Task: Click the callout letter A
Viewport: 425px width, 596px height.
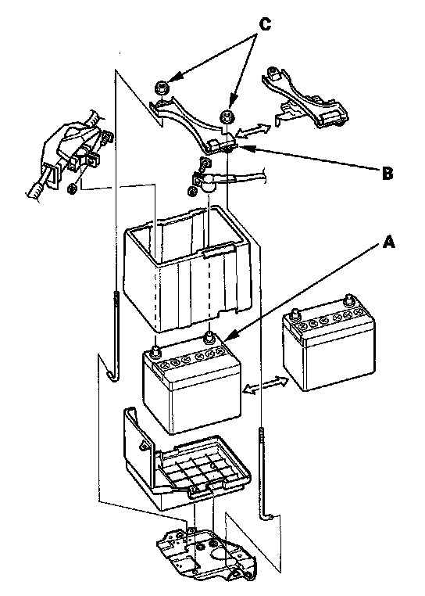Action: point(389,242)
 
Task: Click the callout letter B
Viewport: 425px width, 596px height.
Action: point(387,173)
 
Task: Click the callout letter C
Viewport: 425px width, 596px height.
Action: point(265,24)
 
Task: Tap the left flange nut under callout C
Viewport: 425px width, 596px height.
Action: point(161,88)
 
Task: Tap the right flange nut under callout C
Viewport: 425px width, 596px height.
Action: point(227,115)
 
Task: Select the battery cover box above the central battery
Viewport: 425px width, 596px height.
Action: point(189,268)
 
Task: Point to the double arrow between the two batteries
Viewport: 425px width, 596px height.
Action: point(266,385)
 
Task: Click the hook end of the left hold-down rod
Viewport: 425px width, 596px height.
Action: point(112,376)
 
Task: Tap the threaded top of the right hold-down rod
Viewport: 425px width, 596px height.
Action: point(262,441)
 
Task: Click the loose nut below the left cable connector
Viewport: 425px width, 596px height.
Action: point(72,188)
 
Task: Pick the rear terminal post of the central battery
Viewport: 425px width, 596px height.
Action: point(208,337)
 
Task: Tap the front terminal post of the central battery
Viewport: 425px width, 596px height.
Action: point(155,351)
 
